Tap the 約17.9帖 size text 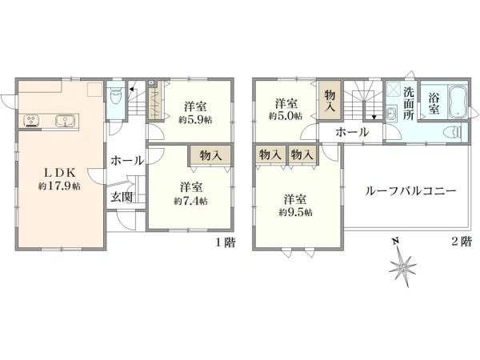(x=59, y=186)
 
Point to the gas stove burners (x=30, y=120)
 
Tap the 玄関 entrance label (x=122, y=198)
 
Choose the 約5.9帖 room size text (x=195, y=119)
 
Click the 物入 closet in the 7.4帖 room (x=210, y=155)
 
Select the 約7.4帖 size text (x=190, y=201)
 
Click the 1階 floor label (x=226, y=242)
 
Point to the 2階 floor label (x=462, y=242)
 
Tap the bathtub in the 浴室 (x=458, y=101)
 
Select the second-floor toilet (x=452, y=133)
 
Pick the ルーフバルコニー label (x=411, y=191)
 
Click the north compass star (x=403, y=266)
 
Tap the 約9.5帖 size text (x=295, y=212)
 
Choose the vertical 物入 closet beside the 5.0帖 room (x=330, y=101)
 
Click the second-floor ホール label (x=352, y=133)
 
